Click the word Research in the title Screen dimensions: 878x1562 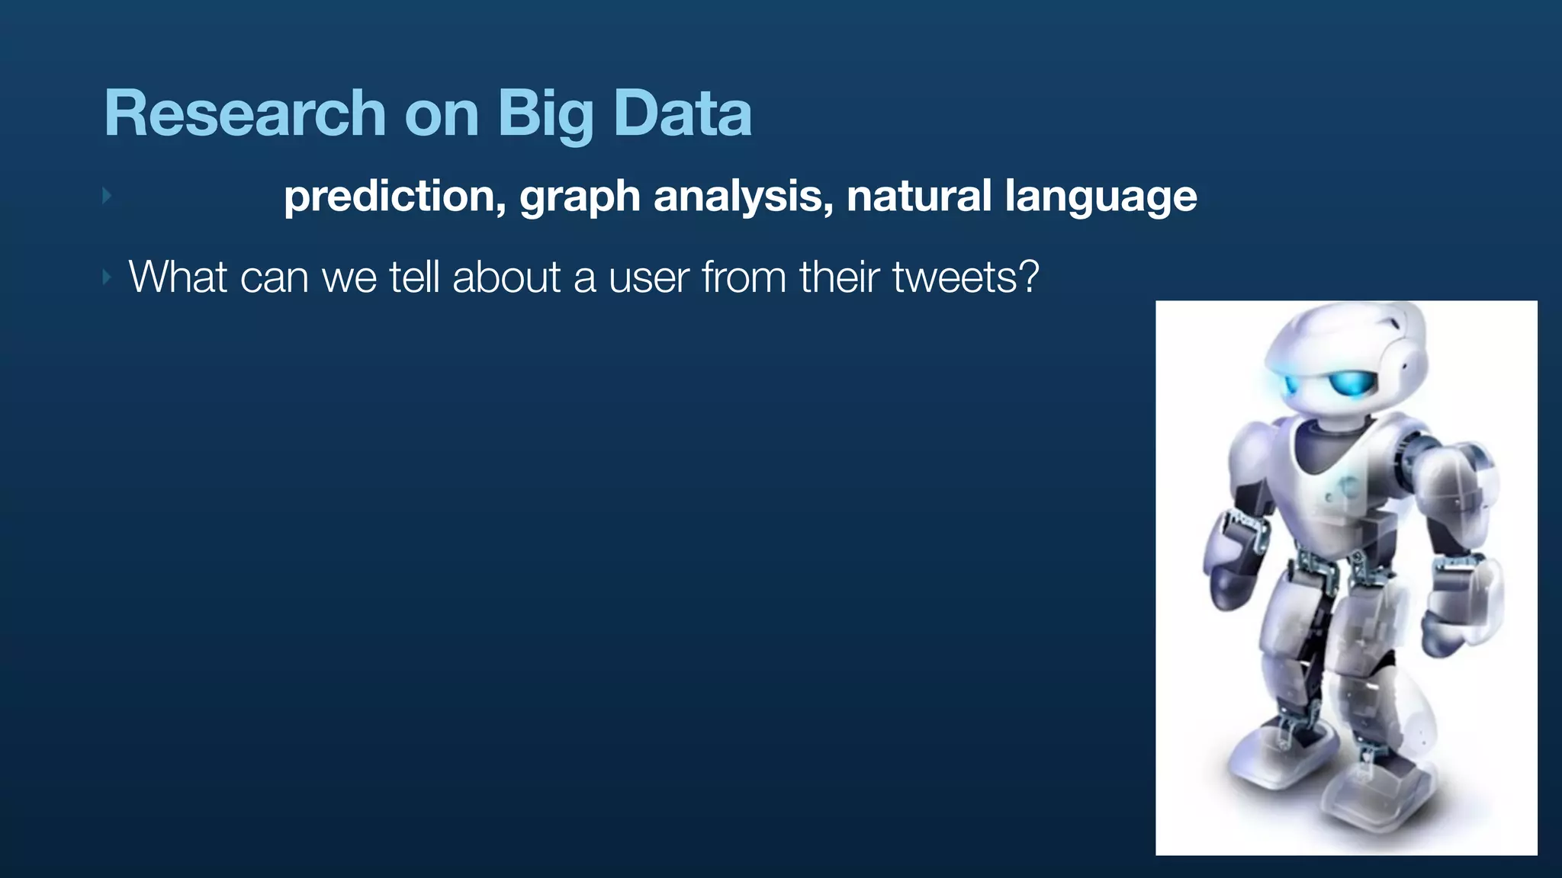click(244, 114)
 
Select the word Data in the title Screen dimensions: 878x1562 click(683, 114)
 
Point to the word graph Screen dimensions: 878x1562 click(580, 197)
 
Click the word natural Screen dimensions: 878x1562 click(918, 196)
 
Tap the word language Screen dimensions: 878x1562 click(1101, 197)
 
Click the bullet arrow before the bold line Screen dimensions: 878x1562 click(107, 196)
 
